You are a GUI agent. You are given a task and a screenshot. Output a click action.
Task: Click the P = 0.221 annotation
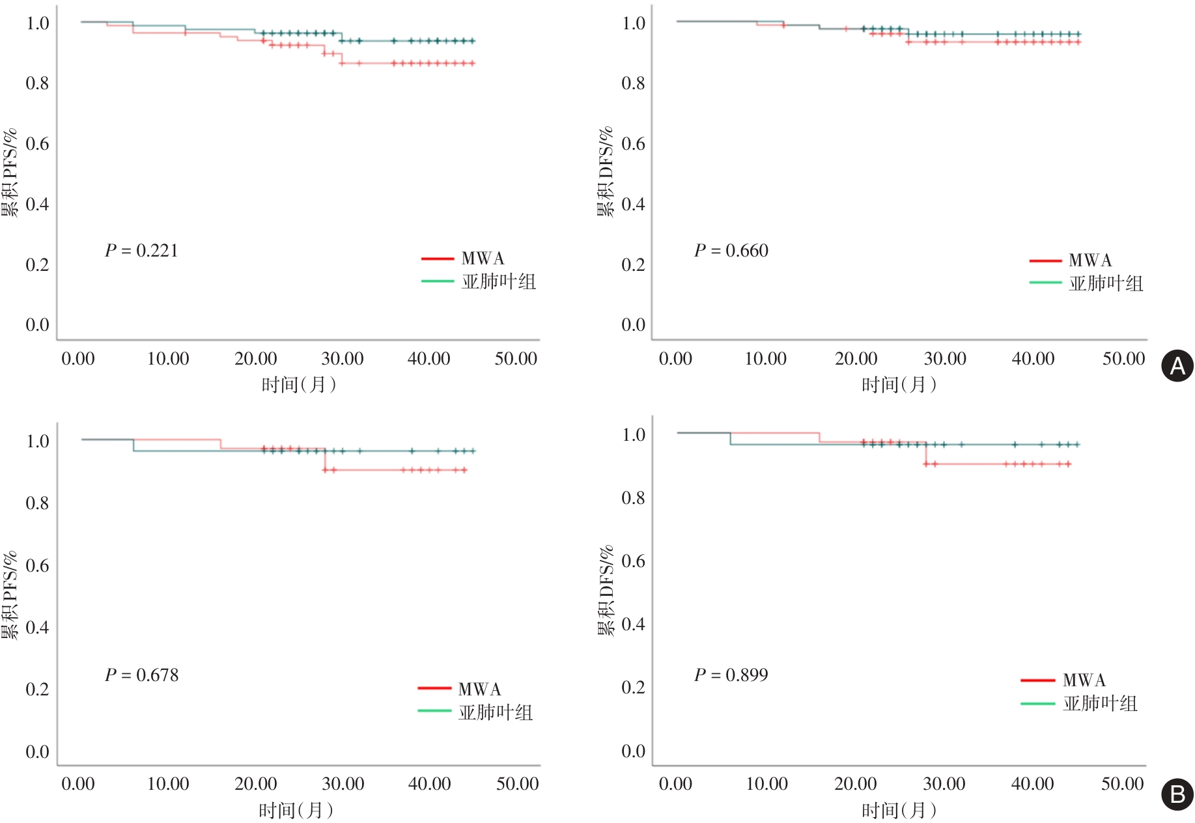(141, 251)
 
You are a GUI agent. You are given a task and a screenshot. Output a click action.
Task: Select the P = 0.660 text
(731, 251)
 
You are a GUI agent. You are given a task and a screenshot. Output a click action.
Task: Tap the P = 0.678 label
(141, 675)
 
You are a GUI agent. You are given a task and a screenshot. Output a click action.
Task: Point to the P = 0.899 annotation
(731, 675)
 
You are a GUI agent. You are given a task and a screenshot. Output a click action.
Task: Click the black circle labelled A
(1177, 367)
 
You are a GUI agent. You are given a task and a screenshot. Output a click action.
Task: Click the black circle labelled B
(1177, 794)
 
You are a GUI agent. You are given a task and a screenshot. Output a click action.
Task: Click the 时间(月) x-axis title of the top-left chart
(298, 385)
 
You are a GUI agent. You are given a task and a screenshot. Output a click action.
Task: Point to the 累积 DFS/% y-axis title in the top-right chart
(606, 171)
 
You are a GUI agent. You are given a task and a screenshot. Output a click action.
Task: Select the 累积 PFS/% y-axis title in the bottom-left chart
(9, 596)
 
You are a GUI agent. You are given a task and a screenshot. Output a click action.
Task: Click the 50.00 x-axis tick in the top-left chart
(516, 359)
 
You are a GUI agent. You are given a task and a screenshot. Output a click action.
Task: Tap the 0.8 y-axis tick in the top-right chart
(633, 83)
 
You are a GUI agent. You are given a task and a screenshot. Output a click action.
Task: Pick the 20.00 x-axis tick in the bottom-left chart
(256, 784)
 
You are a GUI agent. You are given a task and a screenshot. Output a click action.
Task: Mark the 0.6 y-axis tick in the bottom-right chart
(633, 561)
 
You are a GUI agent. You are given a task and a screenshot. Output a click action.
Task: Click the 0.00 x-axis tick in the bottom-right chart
(675, 784)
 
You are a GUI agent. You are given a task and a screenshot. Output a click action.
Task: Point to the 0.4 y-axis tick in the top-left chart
(37, 204)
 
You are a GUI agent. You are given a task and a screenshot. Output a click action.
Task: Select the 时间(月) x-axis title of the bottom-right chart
(899, 811)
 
